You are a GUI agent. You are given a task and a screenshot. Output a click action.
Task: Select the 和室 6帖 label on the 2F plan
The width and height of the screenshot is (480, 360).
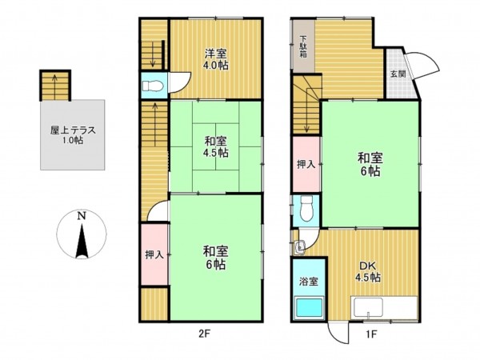[x=213, y=257]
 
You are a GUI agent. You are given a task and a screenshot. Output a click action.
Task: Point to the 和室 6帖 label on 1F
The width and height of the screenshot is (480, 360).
[x=369, y=164]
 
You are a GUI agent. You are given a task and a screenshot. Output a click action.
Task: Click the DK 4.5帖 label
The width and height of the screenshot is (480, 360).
[x=368, y=271]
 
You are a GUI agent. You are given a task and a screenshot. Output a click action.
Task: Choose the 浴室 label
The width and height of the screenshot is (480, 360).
[x=308, y=282]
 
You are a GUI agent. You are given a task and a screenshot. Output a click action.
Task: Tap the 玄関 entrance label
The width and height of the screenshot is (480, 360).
[x=398, y=74]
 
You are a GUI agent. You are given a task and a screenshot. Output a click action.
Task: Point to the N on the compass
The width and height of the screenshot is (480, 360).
[x=81, y=216]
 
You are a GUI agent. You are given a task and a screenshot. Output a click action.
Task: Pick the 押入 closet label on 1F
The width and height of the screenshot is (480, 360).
[x=305, y=164]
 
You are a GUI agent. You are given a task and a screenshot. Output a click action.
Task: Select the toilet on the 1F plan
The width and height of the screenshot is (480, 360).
[x=305, y=210]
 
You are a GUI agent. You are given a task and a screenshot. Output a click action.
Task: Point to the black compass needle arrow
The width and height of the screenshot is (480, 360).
[x=81, y=242]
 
